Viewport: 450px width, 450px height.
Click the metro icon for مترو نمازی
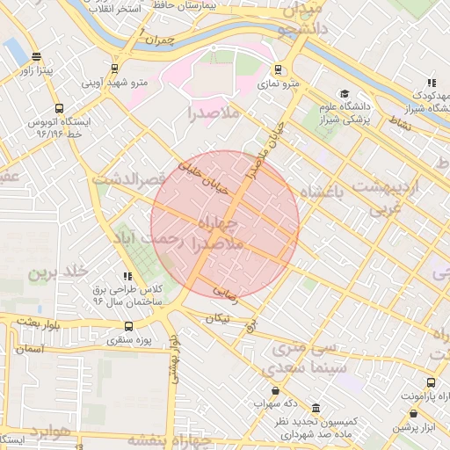coord(279,69)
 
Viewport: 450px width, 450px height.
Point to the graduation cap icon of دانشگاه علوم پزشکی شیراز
coord(345,94)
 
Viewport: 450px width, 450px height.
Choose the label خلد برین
coord(59,272)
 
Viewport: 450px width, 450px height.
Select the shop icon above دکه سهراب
coord(276,391)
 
